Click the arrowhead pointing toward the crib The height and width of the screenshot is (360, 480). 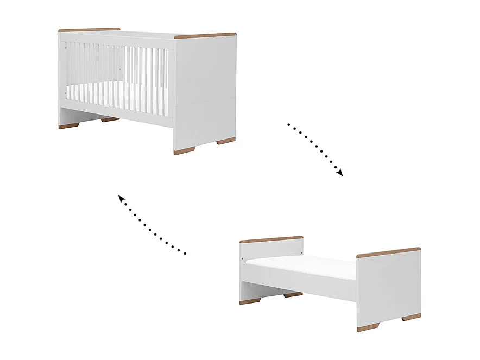(121, 199)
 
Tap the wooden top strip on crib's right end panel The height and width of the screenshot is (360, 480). (205, 36)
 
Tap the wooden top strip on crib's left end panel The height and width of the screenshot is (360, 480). (89, 30)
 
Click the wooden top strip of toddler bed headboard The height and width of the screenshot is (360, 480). (271, 239)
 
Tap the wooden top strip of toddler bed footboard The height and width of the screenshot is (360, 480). (388, 252)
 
